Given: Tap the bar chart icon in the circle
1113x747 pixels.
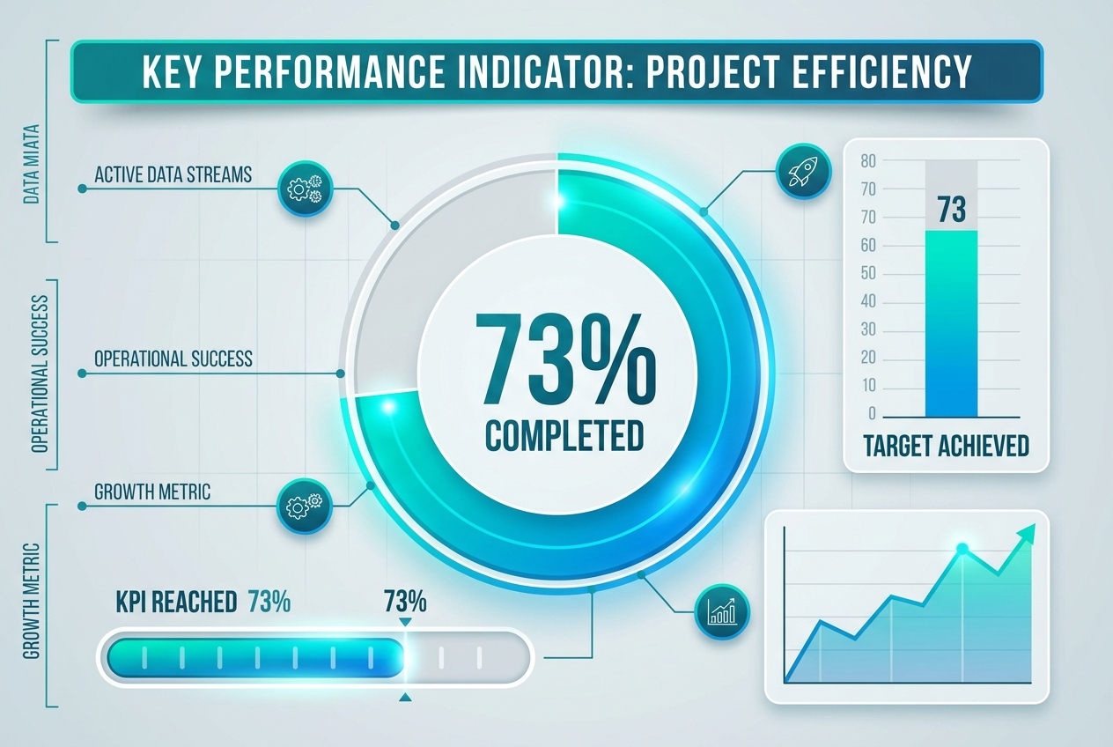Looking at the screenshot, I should point(722,610).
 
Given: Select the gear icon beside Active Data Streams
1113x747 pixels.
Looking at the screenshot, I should point(305,187).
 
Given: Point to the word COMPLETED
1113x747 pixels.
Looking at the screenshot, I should point(564,434).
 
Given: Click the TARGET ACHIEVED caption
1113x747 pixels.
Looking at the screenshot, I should point(947,446).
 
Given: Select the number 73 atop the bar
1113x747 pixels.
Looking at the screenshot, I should point(952,210).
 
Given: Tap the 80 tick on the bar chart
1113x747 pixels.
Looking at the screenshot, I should point(868,160).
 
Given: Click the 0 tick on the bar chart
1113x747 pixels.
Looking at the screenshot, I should point(872,414).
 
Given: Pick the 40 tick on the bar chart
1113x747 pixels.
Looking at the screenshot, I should point(868,301).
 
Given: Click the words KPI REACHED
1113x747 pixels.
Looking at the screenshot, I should point(176,603).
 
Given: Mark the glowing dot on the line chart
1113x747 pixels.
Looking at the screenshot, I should point(962,549).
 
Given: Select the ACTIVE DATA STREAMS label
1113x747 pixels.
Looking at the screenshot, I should point(173,174).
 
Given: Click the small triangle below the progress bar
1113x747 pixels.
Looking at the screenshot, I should point(405,698).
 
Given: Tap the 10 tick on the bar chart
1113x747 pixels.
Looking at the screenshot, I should point(868,386).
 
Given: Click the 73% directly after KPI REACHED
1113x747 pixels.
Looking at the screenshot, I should point(269,603).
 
